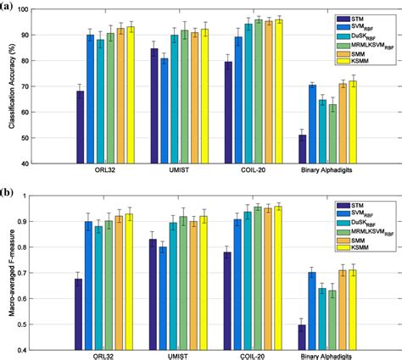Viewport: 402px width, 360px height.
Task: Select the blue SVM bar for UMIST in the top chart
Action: tap(164, 111)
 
